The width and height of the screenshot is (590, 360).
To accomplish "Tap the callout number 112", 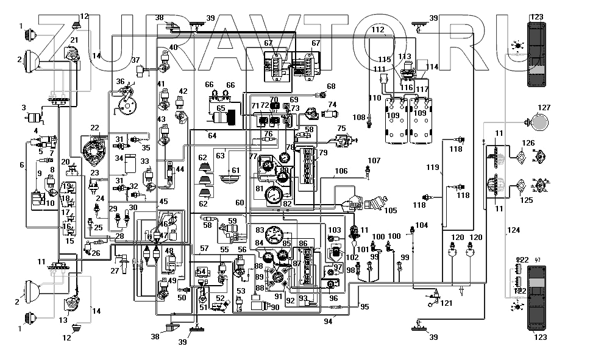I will pos(378,29).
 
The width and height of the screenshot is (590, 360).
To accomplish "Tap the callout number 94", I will pos(329,320).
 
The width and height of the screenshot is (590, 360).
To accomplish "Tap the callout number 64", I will pos(212,135).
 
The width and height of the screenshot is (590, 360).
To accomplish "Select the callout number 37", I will pos(135,59).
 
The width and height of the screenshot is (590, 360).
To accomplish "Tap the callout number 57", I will pos(204,249).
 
